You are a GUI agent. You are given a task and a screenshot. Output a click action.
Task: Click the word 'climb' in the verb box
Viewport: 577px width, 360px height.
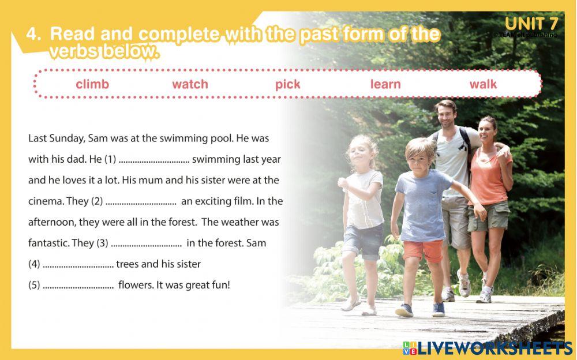point(92,84)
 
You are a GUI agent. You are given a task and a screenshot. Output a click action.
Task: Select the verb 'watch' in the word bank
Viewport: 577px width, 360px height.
point(190,84)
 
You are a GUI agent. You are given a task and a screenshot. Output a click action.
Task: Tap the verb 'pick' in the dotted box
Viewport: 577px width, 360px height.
point(287,84)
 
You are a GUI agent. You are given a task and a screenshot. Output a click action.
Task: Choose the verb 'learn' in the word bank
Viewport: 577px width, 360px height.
point(385,84)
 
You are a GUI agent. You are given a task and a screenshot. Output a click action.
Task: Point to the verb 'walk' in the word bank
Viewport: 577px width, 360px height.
point(483,84)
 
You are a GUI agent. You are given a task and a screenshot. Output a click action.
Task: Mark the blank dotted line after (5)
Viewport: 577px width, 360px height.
point(78,286)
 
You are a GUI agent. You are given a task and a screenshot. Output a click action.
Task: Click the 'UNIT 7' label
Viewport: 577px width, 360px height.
point(531,24)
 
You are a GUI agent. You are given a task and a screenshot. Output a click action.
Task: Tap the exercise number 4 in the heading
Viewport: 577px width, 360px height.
point(33,34)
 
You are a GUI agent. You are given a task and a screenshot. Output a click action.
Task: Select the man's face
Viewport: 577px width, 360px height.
point(445,117)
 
